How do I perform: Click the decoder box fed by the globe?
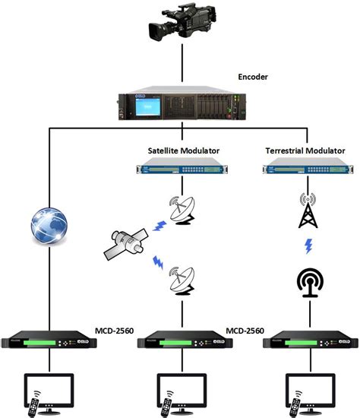(50, 343)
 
